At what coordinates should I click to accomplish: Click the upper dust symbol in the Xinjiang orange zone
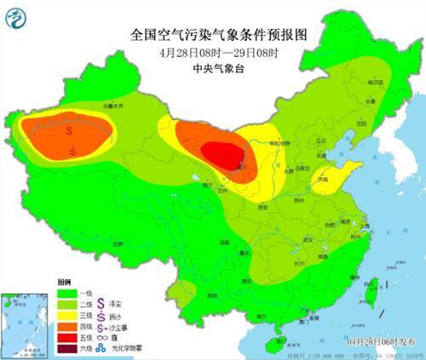point(70,132)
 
